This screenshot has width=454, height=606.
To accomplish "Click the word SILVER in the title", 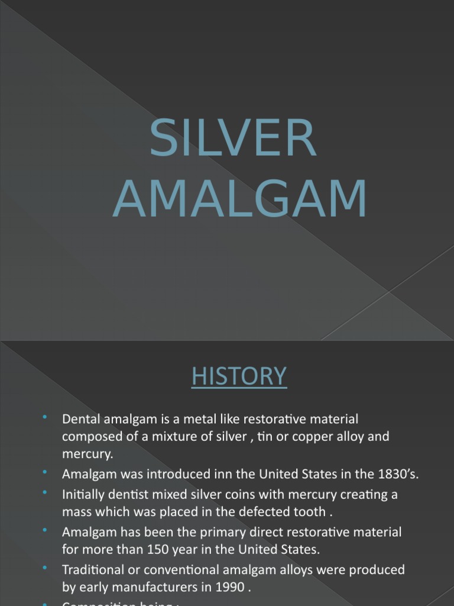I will click(x=233, y=139).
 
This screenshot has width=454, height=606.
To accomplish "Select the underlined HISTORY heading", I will click(x=239, y=376).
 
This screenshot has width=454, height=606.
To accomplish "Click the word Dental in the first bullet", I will click(x=81, y=420).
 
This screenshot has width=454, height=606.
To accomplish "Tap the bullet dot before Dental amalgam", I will click(x=45, y=418).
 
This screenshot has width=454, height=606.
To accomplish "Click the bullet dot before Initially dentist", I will click(x=45, y=492).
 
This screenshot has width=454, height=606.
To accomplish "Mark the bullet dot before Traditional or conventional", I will click(x=45, y=568).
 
